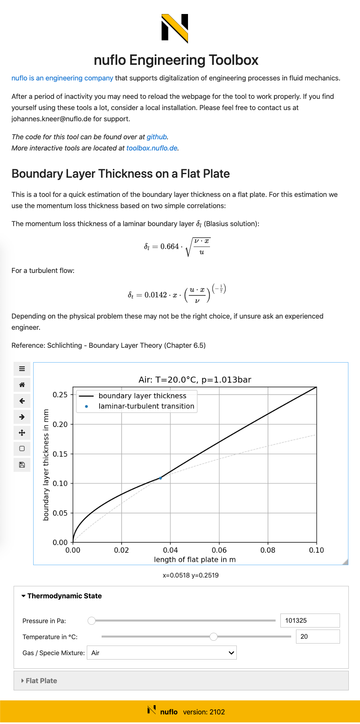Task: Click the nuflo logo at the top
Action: [x=175, y=28]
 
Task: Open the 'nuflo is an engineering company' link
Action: [x=62, y=78]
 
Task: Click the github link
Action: [x=156, y=137]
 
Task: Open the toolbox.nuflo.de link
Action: [x=152, y=148]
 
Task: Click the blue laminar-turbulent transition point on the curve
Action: [x=161, y=478]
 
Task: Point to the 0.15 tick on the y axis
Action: [x=60, y=454]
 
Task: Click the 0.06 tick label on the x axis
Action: [x=219, y=550]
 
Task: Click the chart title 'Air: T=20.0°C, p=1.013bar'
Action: [x=195, y=379]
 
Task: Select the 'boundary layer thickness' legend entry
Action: [x=142, y=396]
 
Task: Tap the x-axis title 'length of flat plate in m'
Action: [x=195, y=560]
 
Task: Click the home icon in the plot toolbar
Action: [x=22, y=385]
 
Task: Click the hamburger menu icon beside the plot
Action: [x=22, y=369]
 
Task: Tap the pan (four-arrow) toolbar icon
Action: [x=22, y=433]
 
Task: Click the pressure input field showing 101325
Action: [x=310, y=620]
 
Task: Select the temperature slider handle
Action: [x=214, y=636]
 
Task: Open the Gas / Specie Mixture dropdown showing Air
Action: [x=162, y=653]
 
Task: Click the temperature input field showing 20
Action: [x=317, y=636]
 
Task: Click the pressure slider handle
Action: [x=92, y=620]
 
